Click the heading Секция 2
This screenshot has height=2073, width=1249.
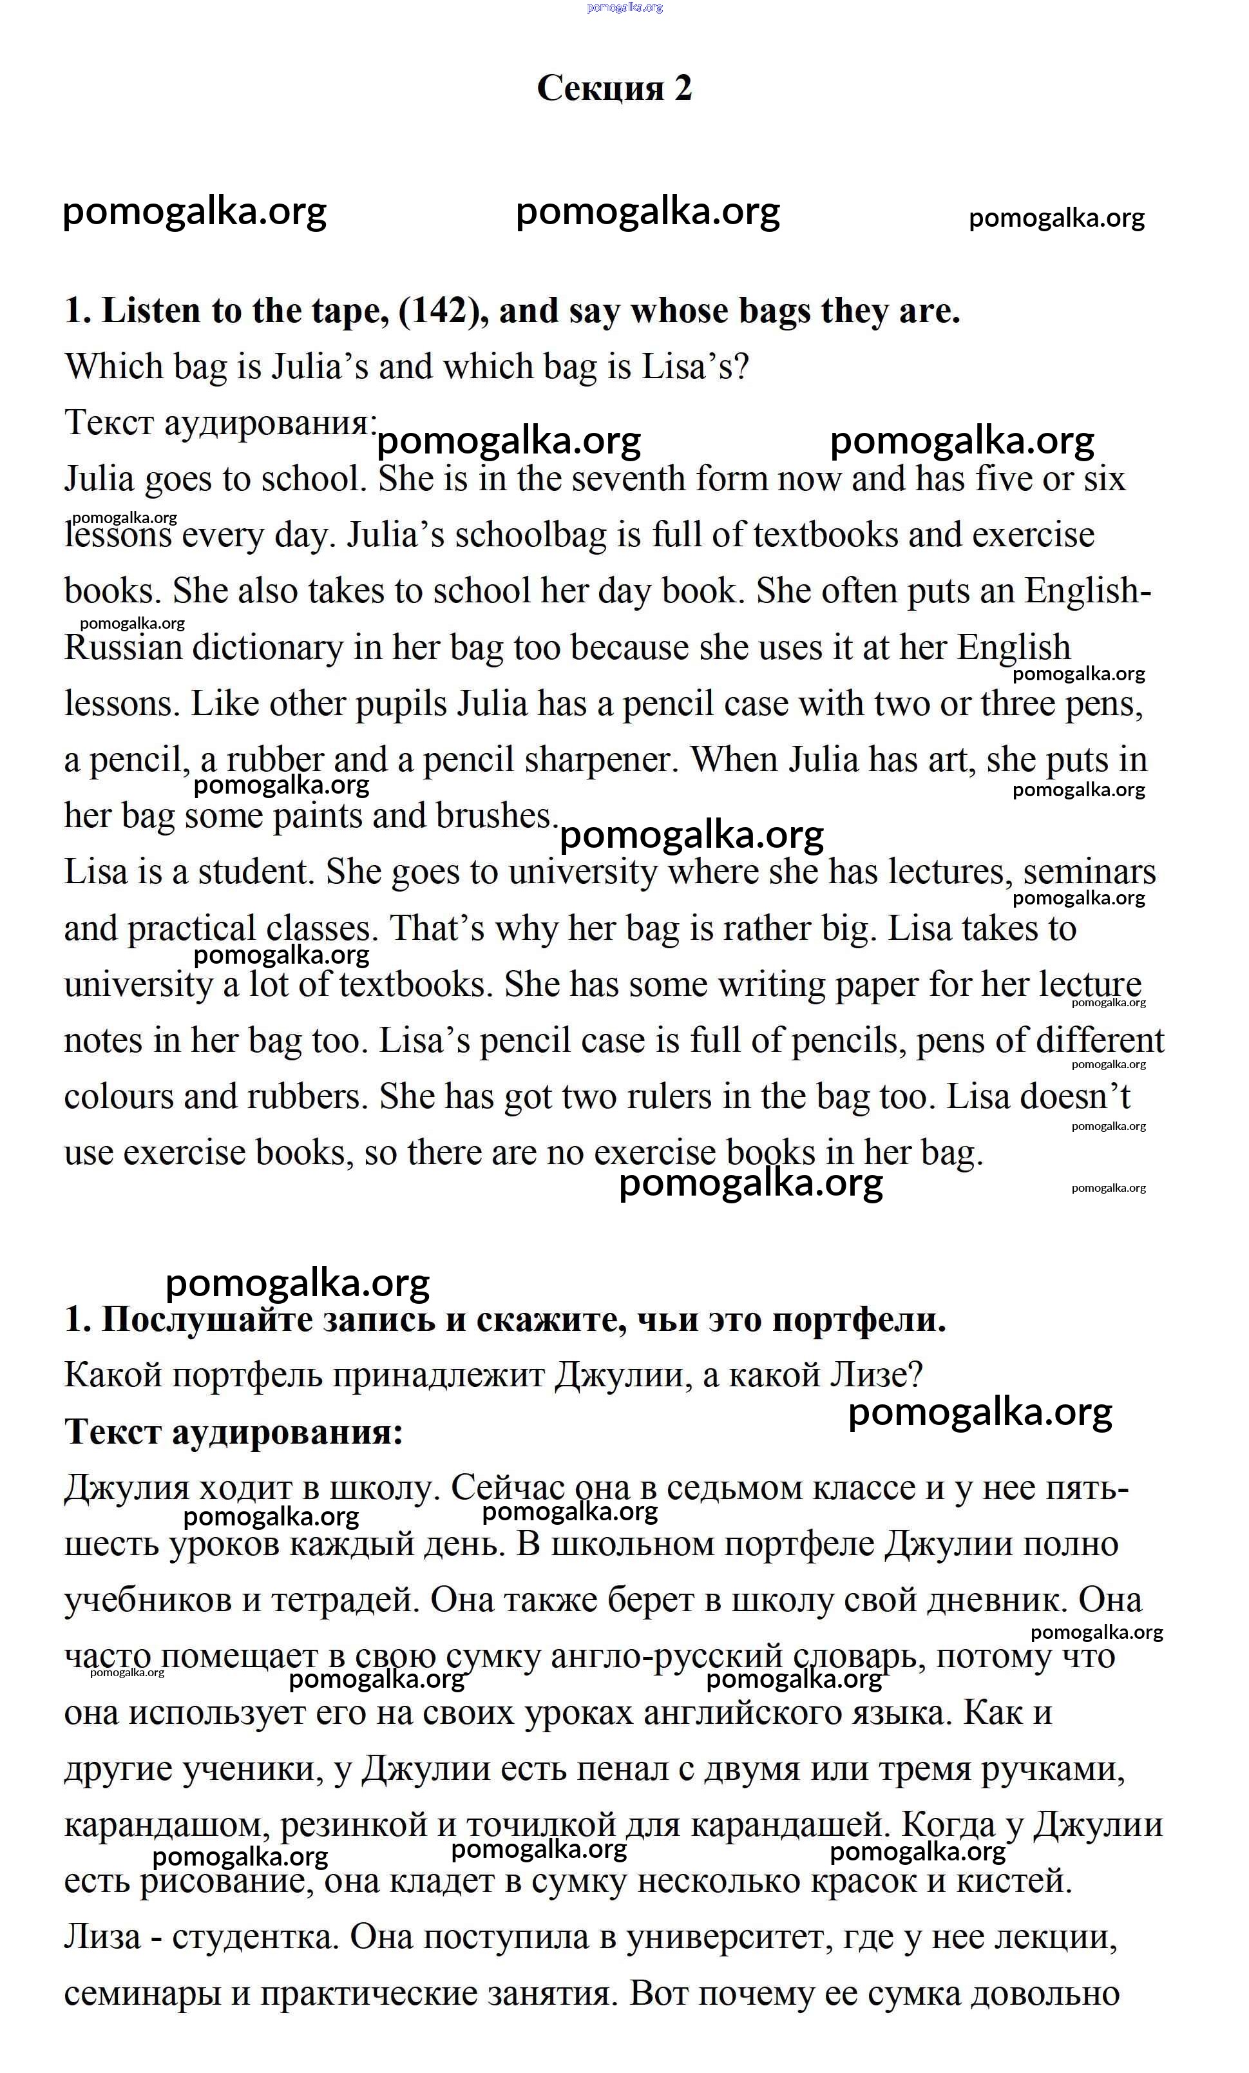tap(614, 88)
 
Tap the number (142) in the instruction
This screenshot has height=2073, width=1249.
tap(443, 311)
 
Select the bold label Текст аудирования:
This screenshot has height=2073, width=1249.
tap(234, 1432)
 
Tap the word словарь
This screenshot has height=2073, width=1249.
tap(859, 1657)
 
